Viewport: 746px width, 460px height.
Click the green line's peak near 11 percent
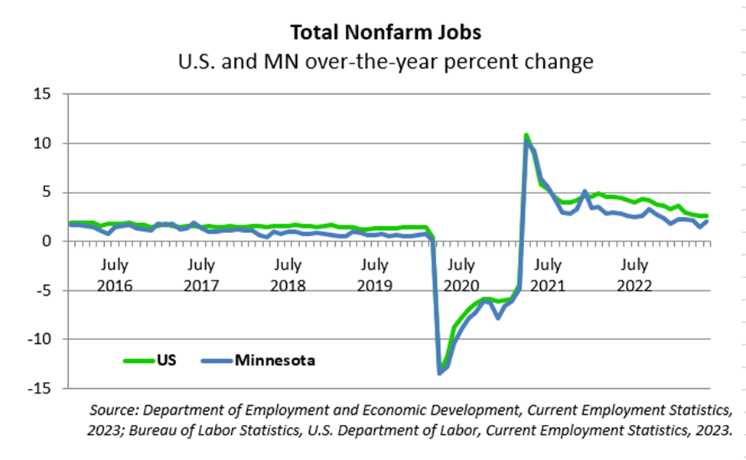[x=526, y=135]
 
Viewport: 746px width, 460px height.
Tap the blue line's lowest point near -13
[x=439, y=372]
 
